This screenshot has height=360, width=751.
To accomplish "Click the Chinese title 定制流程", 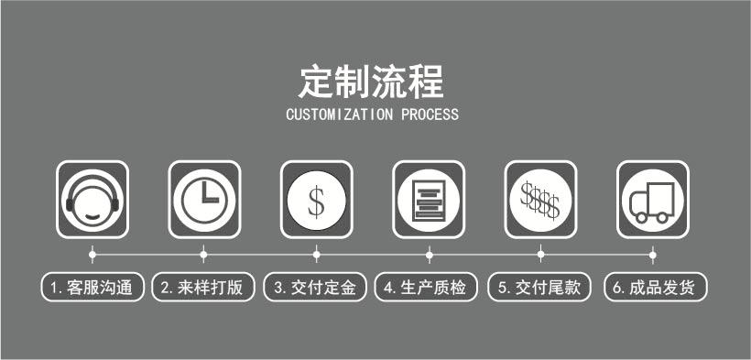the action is pos(371,82).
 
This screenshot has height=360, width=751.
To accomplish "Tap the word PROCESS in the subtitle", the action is pos(430,115).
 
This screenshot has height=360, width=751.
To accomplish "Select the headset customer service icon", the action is pos(93,200).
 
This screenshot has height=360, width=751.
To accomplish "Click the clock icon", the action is pos(204,200).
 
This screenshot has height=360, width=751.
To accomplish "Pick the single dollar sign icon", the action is pos(317,200).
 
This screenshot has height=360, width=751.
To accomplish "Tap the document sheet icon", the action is pos(429,200).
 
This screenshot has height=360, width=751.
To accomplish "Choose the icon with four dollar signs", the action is pos(540,200).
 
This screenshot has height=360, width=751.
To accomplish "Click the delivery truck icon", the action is pos(653,200).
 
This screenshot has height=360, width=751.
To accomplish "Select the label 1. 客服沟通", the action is pos(92,287).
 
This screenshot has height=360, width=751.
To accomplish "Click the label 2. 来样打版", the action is pos(203,287).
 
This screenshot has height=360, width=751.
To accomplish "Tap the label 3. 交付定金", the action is pos(315,287).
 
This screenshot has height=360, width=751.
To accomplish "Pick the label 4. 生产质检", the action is pos(426,287).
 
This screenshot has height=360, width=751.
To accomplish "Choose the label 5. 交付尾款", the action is pos(539,287).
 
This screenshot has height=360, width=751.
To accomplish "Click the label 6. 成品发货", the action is pos(655,287).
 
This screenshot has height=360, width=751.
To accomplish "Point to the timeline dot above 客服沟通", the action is pos(93,255).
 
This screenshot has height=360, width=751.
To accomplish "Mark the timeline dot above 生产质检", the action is pos(430,255).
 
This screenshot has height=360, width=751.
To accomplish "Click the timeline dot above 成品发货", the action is pos(652,255).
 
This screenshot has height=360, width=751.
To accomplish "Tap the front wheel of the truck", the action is pos(641,218).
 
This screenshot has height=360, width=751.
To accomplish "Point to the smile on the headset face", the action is pos(93,217).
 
